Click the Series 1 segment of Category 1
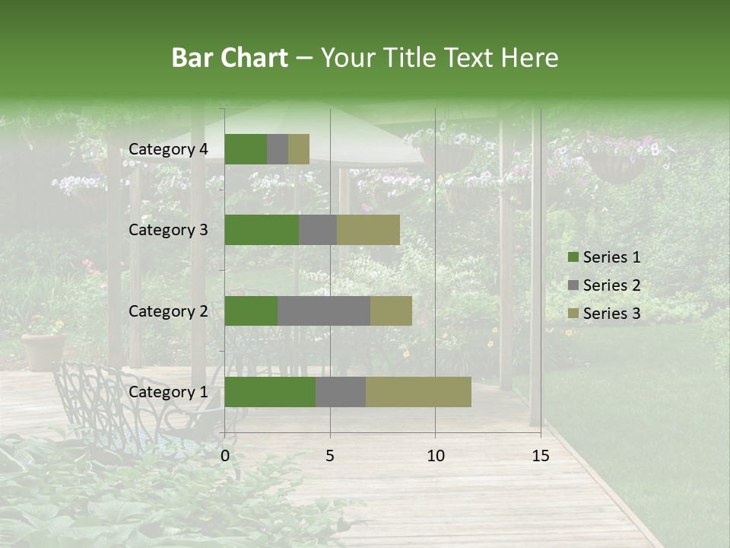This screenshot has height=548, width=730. [x=270, y=392]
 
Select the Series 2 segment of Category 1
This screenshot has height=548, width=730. [x=341, y=392]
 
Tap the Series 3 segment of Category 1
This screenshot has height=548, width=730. [x=418, y=392]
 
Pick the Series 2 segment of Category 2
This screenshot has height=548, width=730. [x=324, y=311]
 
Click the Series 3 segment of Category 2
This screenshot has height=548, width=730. [x=391, y=311]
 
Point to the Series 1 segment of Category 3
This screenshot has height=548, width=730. [x=262, y=230]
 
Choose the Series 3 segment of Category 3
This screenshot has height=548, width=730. [x=368, y=230]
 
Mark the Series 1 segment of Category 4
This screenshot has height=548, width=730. [x=246, y=149]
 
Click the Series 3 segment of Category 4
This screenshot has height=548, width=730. [x=299, y=149]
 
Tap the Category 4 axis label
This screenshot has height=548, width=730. [x=168, y=149]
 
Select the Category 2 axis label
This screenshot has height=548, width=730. [x=168, y=311]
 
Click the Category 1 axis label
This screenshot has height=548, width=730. [x=168, y=392]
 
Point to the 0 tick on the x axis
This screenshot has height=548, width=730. [x=225, y=456]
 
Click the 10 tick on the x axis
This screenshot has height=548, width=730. [x=435, y=456]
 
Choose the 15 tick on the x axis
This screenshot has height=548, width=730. [x=541, y=456]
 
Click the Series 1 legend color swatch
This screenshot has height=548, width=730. [x=573, y=257]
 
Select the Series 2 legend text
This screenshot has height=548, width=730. [x=611, y=285]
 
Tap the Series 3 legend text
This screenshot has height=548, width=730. [x=611, y=314]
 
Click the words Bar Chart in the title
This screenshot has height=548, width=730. [x=230, y=58]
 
